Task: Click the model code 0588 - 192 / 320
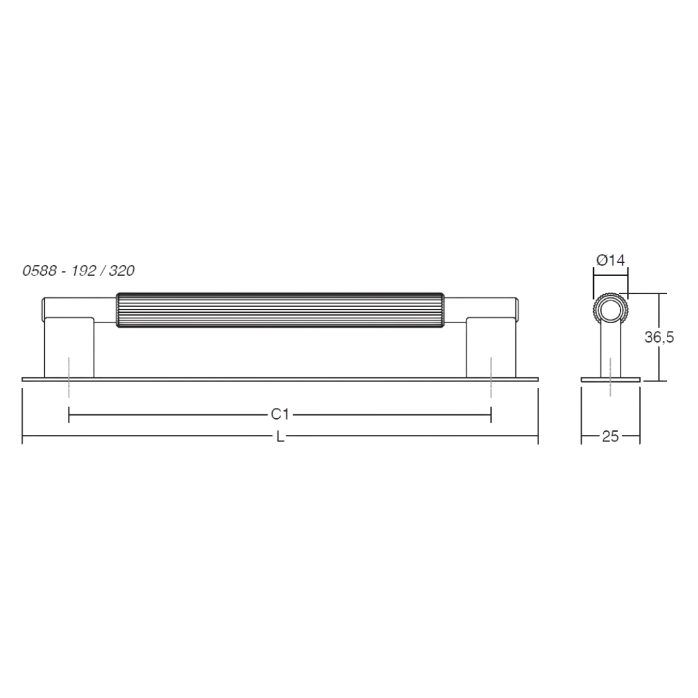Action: click(x=78, y=271)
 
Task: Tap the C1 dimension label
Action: click(x=280, y=414)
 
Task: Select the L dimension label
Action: click(x=280, y=437)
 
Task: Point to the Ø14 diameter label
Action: click(x=610, y=260)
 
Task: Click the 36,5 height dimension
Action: click(x=659, y=337)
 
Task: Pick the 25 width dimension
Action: click(x=610, y=436)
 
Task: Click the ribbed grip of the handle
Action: click(x=280, y=310)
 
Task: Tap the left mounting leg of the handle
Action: click(x=69, y=347)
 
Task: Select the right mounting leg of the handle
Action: click(x=491, y=347)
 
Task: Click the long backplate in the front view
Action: click(x=280, y=380)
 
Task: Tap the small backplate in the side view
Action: click(x=610, y=380)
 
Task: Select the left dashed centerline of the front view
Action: click(x=69, y=377)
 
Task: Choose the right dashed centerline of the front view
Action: click(x=491, y=377)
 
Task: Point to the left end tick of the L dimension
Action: click(x=22, y=416)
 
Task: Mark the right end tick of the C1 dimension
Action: click(x=491, y=414)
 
